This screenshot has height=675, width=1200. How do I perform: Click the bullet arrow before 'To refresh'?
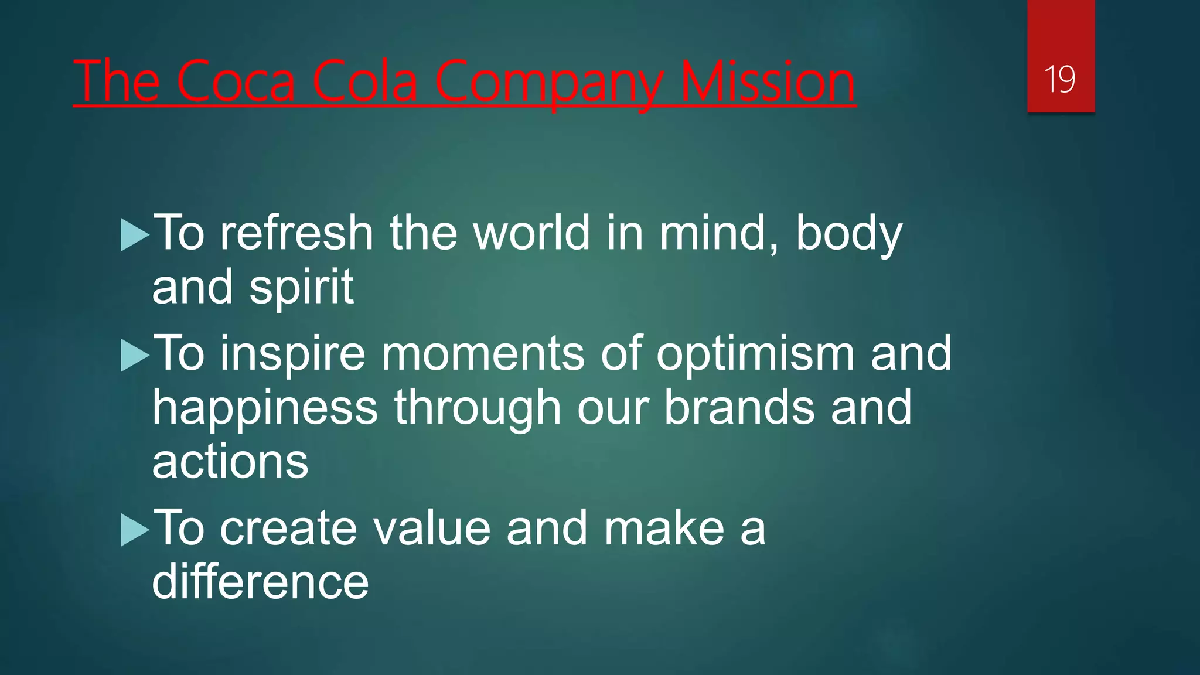click(x=135, y=235)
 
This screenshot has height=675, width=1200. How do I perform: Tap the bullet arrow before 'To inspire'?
click(x=135, y=355)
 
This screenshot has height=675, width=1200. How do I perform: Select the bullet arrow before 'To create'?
click(x=135, y=530)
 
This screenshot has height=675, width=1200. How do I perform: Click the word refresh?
click(x=296, y=233)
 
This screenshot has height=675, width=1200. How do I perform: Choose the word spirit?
click(x=301, y=288)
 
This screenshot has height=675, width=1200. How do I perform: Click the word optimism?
click(x=755, y=354)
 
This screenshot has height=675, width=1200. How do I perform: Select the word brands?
click(x=739, y=408)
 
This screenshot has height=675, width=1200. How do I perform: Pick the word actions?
click(x=230, y=462)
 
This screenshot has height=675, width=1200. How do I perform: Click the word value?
click(x=431, y=529)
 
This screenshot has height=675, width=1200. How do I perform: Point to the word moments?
click(x=483, y=354)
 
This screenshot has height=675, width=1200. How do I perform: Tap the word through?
click(x=478, y=409)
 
